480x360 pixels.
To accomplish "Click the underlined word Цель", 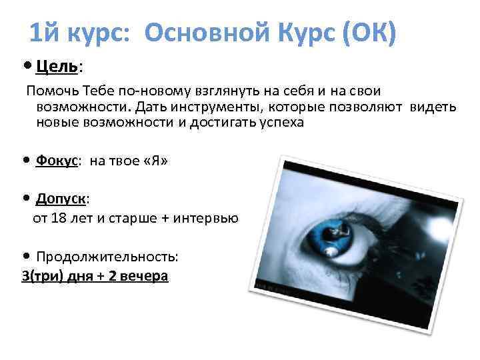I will tap(57, 66).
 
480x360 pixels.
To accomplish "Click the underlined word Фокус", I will tap(57, 161).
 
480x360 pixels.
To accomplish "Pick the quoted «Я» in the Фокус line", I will tap(155, 161).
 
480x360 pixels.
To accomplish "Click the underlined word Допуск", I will tap(61, 198).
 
